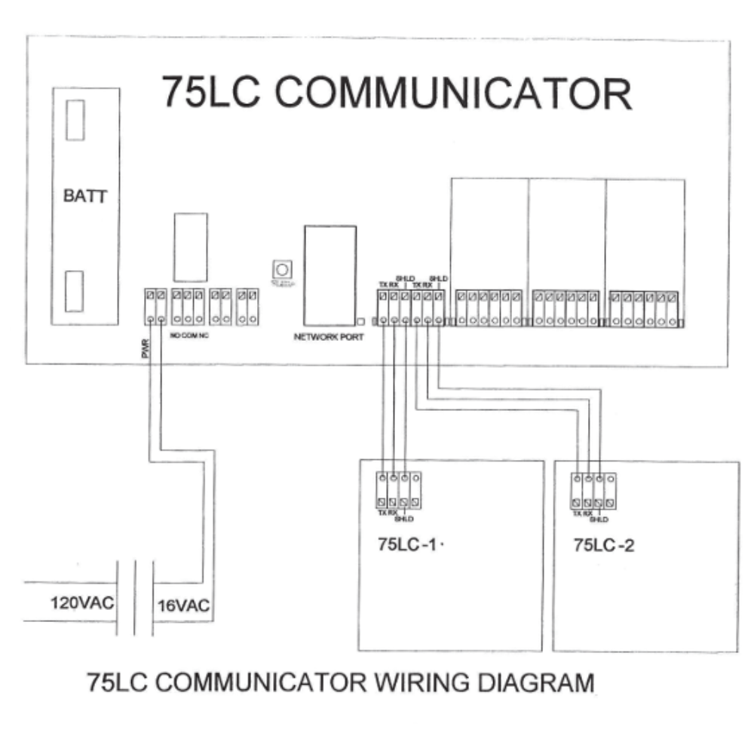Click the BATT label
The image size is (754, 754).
[x=85, y=198]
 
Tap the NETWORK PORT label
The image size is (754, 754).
[x=329, y=337]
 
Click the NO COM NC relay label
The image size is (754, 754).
[x=189, y=335]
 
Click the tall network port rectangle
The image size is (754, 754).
[x=329, y=275]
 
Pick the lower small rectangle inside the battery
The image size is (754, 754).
[x=75, y=289]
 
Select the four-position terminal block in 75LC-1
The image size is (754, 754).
[x=397, y=490]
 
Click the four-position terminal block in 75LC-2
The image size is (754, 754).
[x=593, y=490]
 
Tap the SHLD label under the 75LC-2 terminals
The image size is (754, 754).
[x=599, y=520]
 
